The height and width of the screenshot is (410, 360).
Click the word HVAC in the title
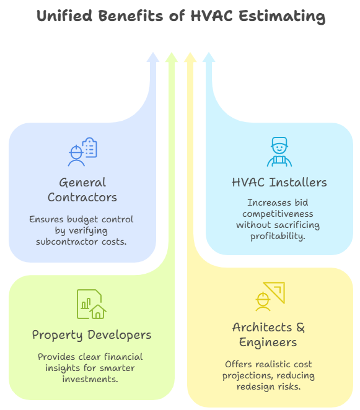(x=211, y=15)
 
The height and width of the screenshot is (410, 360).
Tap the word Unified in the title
(x=64, y=15)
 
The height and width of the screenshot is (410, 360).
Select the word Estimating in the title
(x=282, y=17)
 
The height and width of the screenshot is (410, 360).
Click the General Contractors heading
(x=82, y=190)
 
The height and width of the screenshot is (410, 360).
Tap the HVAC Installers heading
(x=279, y=182)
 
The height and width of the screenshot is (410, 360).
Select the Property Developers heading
(x=92, y=335)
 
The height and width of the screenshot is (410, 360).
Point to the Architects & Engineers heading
(x=268, y=334)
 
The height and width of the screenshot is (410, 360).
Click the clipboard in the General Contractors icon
(x=89, y=147)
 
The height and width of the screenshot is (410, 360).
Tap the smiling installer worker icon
(x=279, y=152)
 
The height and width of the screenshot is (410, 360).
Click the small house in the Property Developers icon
(x=98, y=312)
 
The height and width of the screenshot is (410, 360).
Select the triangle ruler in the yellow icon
(x=274, y=292)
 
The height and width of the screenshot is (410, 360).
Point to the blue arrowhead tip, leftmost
(x=153, y=52)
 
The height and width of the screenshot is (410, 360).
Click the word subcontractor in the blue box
(x=68, y=242)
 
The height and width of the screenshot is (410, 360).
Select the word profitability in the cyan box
(x=278, y=237)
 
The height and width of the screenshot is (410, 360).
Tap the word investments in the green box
(x=90, y=379)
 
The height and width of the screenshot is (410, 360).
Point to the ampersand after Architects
(x=301, y=328)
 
